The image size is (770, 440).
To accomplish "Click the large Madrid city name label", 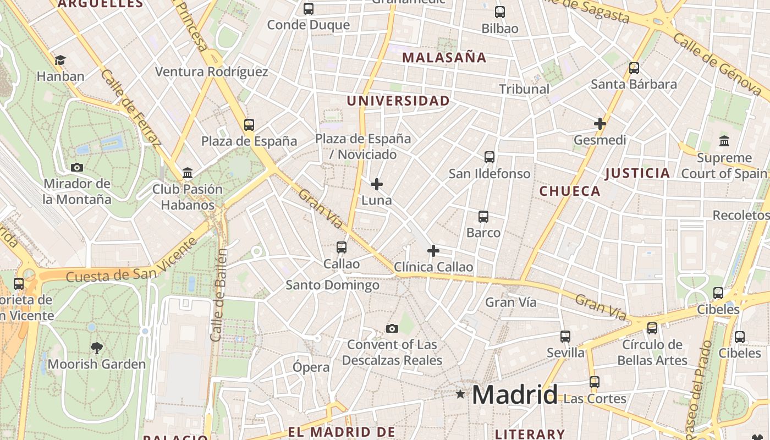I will coord(514,395).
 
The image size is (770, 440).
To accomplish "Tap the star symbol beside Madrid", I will coord(460,394).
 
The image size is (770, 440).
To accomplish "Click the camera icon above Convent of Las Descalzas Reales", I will coord(392,329).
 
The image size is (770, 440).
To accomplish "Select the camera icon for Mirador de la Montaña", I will coord(77,167).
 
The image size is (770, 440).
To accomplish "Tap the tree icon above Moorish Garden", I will coord(96,348).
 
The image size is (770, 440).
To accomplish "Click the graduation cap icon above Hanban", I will coord(60,60).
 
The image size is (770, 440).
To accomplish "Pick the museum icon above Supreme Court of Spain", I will coord(724,141).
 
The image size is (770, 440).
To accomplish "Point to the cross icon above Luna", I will coord(377,184).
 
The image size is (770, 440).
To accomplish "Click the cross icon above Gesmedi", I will coord(600,124).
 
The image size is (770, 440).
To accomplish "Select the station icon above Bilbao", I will coord(500,12).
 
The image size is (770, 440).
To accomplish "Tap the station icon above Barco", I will coord(483,216).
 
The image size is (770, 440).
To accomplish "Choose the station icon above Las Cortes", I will coord(594,382).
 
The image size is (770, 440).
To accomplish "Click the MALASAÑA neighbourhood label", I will coord(444,58).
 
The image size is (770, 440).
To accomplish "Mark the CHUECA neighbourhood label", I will coord(570,191).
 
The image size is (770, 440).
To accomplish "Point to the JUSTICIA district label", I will coord(637,174).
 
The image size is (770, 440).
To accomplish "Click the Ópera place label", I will coord(311,367).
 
